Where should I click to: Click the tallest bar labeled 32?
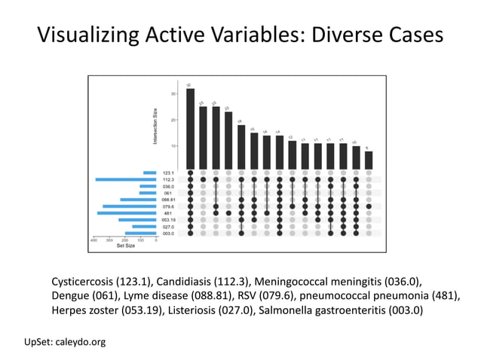(x=190, y=129)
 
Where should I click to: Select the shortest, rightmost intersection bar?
(x=369, y=160)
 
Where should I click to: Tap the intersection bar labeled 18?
(x=241, y=147)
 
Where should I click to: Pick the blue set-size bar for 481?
(x=127, y=213)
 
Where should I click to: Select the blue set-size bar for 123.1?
(x=149, y=172)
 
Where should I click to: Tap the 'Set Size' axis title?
(x=124, y=246)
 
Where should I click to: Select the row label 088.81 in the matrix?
(x=168, y=200)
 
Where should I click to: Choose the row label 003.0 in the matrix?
(x=168, y=233)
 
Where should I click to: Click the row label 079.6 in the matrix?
(x=168, y=206)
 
